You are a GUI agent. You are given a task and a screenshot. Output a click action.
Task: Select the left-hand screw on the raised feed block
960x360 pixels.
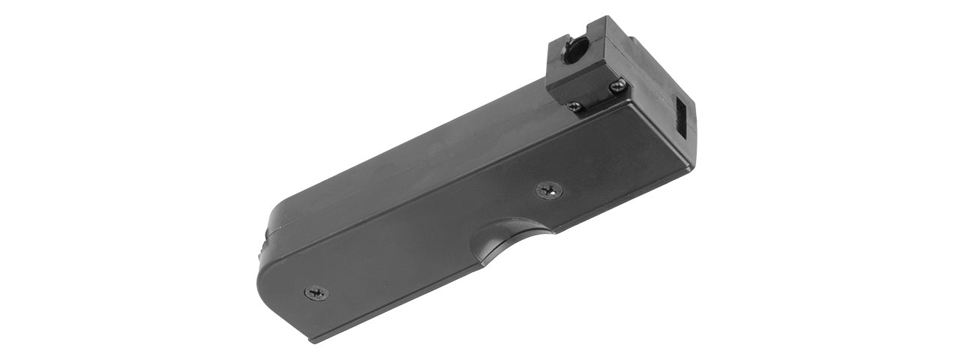574,106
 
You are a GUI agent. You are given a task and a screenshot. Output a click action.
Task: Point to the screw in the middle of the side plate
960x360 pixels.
549,190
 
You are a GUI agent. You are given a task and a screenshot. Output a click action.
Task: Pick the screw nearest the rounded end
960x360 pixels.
316,292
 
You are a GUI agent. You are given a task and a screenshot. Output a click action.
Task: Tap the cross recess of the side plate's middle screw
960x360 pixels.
549,190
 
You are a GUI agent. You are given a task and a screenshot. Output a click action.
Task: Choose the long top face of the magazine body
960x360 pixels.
420,165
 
